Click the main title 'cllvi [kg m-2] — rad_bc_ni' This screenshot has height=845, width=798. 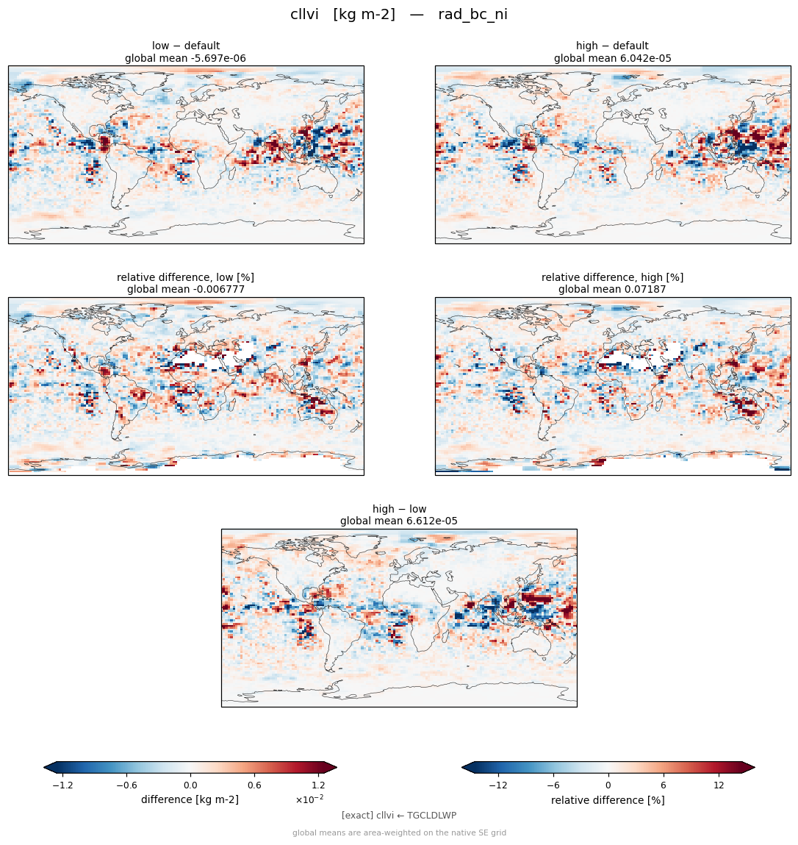[398, 15]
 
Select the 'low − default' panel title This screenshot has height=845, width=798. [186, 46]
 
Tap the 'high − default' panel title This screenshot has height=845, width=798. [612, 46]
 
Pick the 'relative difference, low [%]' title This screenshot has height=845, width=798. [185, 277]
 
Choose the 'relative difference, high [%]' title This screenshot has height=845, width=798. [612, 277]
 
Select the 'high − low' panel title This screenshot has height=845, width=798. [399, 509]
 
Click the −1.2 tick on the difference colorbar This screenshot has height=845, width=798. [62, 785]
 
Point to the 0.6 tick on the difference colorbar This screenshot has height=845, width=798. [255, 785]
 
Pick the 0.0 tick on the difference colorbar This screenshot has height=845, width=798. [190, 785]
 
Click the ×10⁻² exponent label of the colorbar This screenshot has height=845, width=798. [309, 799]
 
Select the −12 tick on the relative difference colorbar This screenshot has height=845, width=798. [498, 785]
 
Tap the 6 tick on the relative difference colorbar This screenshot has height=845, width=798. [664, 785]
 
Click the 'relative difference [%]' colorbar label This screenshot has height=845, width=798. [608, 800]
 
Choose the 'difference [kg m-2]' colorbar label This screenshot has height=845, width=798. [190, 799]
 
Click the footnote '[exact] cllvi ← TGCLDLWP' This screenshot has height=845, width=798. [399, 816]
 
